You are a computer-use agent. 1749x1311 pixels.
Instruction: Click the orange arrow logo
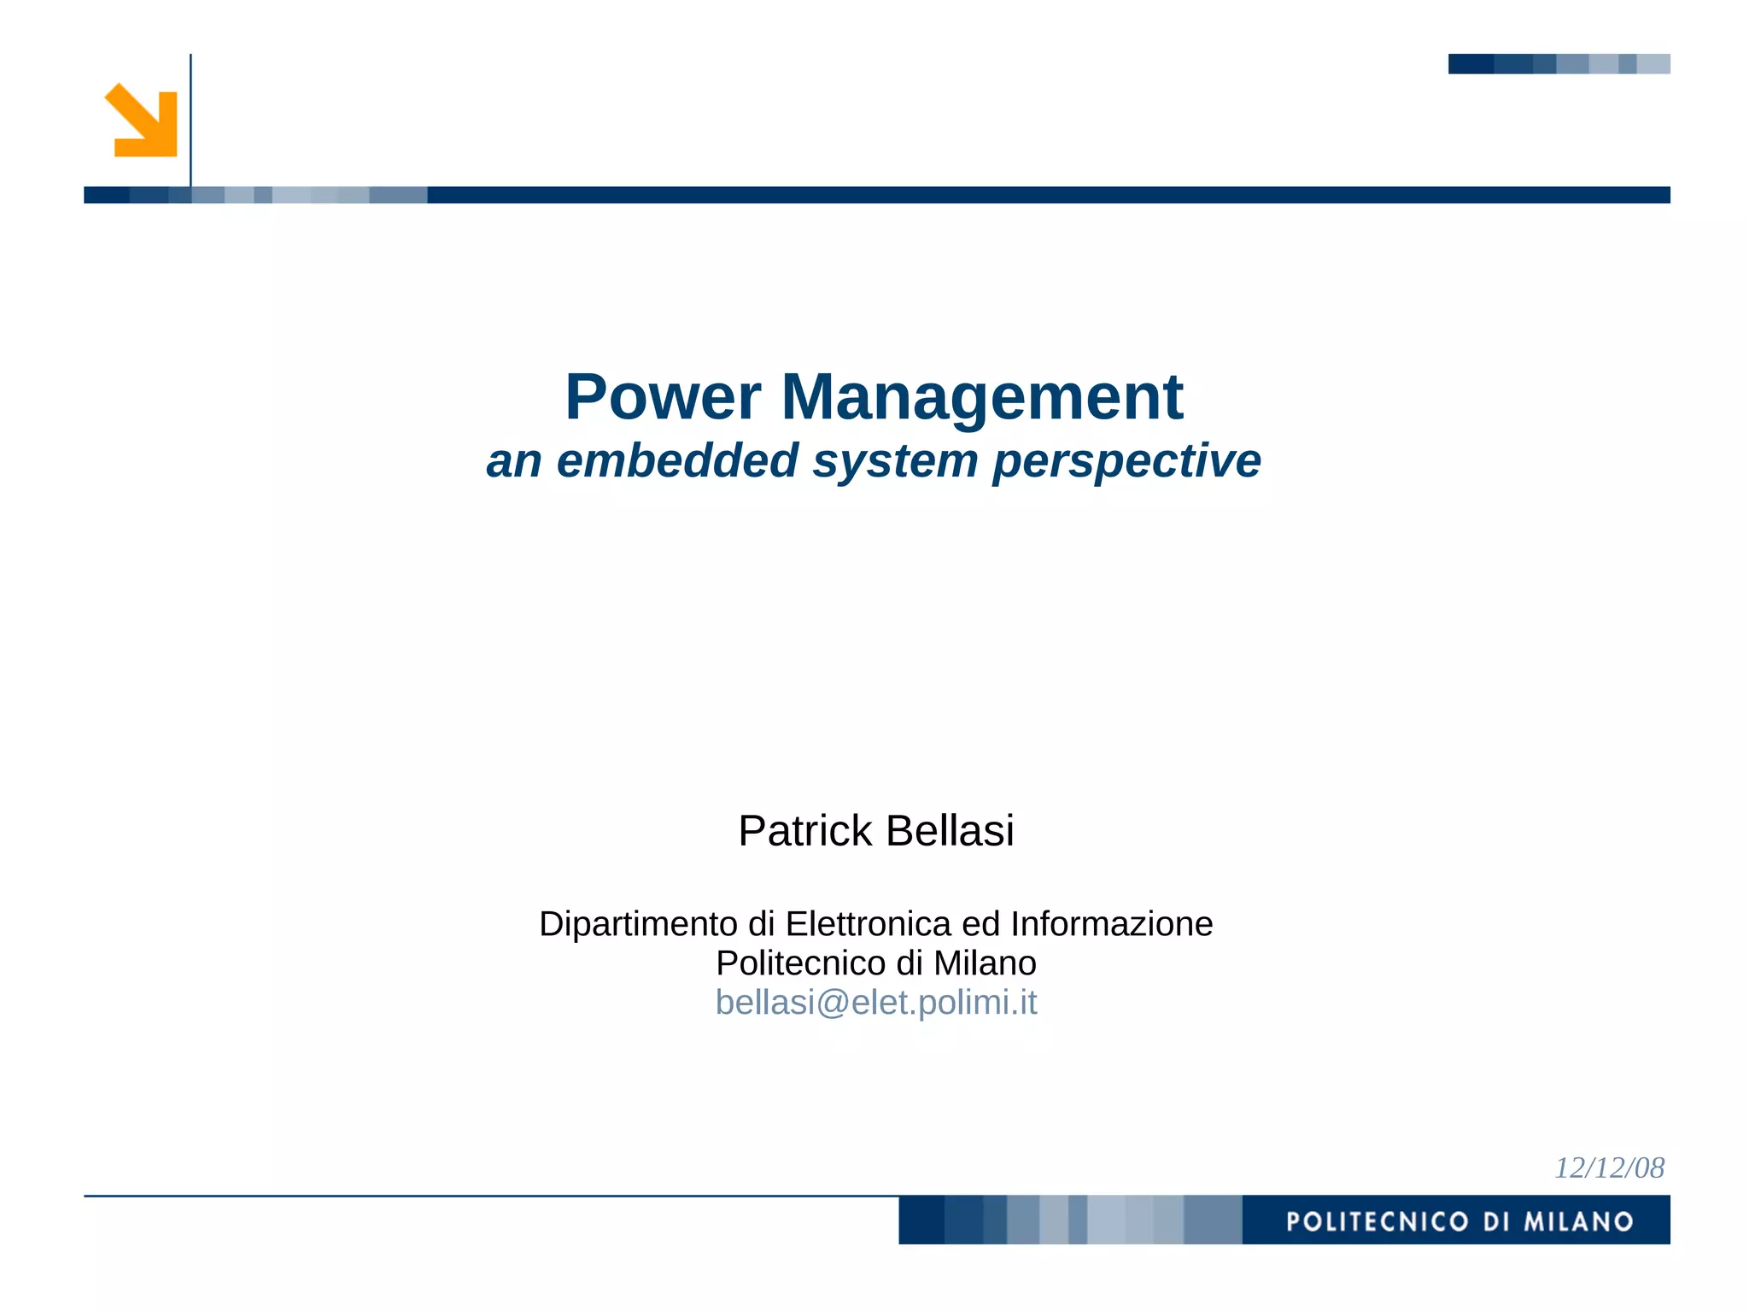[142, 120]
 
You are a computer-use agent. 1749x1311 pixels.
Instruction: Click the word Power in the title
[662, 397]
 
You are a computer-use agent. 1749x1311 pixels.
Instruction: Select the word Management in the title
[982, 397]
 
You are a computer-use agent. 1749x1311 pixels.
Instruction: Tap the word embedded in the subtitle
[676, 460]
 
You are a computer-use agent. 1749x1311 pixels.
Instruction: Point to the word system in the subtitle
[895, 462]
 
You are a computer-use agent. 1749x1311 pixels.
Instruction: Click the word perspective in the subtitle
[1126, 462]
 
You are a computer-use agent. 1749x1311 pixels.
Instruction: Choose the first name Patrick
[805, 830]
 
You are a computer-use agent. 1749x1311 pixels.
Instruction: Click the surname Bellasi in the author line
[950, 830]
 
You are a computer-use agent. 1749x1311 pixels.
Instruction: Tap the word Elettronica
[868, 924]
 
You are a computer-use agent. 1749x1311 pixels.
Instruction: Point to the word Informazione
[1111, 924]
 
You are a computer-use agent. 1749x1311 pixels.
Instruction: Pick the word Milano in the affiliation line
[985, 963]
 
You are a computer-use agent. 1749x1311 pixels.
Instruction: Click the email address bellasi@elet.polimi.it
[876, 1003]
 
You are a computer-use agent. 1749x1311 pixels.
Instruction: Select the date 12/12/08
[1609, 1168]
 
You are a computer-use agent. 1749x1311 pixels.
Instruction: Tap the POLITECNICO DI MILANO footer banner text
[1459, 1221]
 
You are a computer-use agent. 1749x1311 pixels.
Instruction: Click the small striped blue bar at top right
[1559, 64]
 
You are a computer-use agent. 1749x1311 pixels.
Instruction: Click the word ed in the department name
[980, 924]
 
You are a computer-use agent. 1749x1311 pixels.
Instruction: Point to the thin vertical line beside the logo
[190, 120]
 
